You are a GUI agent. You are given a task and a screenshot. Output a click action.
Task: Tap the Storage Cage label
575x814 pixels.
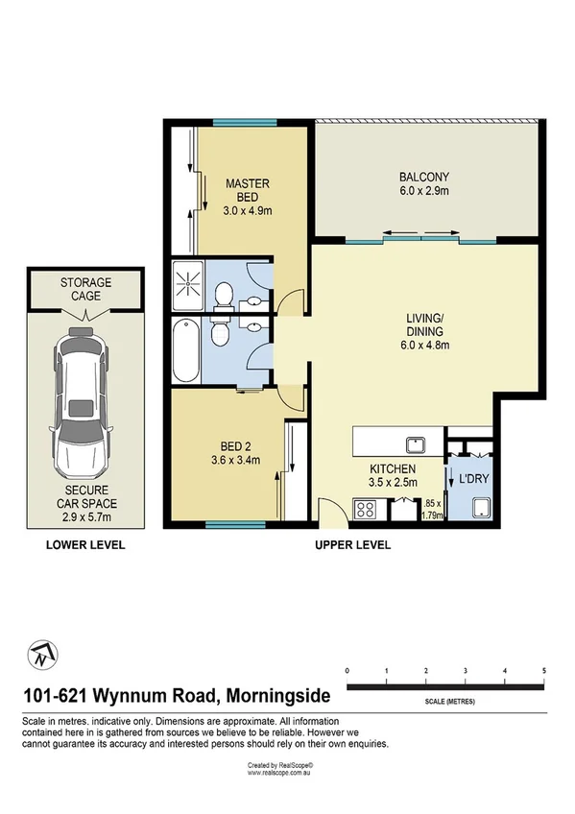coord(86,289)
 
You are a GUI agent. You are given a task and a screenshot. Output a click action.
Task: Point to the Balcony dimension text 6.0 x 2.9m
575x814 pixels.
coord(424,191)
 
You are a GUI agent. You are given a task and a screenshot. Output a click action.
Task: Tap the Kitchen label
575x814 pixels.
coord(393,468)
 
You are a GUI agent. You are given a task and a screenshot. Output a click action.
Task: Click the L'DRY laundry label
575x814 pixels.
coord(471,477)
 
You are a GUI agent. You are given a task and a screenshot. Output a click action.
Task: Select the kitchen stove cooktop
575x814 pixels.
coord(367,510)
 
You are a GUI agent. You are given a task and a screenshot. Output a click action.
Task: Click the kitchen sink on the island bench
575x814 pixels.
coord(416,443)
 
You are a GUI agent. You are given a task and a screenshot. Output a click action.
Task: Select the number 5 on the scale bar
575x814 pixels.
coord(544,670)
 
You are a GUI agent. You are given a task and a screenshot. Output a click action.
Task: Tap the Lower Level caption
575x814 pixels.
coord(86,545)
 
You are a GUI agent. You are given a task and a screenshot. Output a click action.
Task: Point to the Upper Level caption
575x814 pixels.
coord(352,545)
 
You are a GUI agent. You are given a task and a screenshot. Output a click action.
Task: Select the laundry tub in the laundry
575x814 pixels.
coord(478,508)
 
